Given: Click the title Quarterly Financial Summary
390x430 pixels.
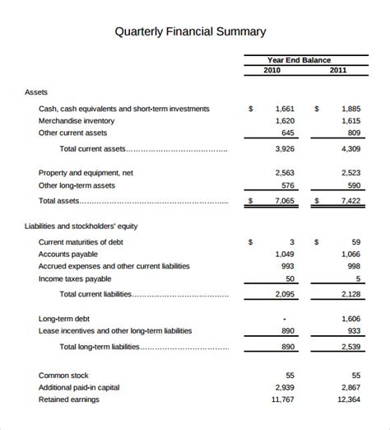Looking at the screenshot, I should (190, 32).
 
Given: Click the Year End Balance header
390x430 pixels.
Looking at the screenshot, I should (299, 59).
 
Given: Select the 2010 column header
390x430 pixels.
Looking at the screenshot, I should (272, 70).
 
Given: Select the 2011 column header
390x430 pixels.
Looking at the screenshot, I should (338, 70).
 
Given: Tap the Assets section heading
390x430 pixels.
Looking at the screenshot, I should (37, 92).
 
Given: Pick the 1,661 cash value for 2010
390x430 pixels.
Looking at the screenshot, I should (284, 108).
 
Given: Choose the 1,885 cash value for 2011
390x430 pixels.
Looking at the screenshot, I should (351, 108).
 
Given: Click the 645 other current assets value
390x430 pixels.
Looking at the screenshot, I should (287, 133).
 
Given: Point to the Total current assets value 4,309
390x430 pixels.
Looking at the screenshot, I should (351, 149).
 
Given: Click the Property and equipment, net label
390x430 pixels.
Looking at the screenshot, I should (86, 173).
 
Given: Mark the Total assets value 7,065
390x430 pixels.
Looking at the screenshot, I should (284, 200).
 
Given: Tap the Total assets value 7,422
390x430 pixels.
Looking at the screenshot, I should (351, 200).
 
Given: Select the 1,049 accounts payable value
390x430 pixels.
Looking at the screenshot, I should (284, 254).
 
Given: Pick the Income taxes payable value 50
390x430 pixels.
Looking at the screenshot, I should (290, 278).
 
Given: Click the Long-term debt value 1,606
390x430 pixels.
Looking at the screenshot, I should (351, 318).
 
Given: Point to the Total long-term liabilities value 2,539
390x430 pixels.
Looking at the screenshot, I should (351, 348).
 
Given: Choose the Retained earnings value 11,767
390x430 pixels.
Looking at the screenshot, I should (281, 400).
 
